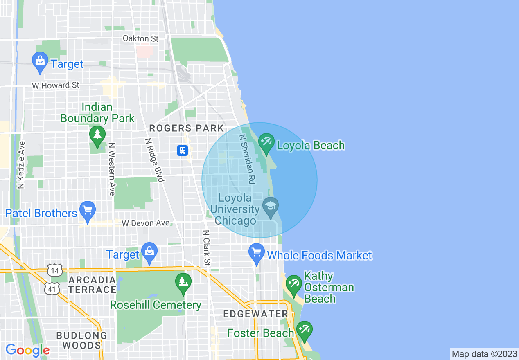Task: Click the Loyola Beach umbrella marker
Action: [x=266, y=143]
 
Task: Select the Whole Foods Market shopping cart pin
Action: [x=257, y=253]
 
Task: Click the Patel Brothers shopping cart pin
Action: [x=87, y=211]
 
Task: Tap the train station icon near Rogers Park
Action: [x=183, y=151]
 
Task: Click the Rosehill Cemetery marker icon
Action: [x=183, y=282]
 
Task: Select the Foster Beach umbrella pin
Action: [x=304, y=330]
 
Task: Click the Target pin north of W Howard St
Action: [x=40, y=62]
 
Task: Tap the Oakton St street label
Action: [x=141, y=38]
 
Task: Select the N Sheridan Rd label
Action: [x=247, y=159]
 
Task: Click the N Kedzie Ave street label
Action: [x=21, y=165]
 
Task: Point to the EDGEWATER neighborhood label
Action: [x=256, y=314]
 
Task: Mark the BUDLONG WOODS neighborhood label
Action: [x=81, y=340]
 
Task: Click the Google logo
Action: [x=27, y=350]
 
